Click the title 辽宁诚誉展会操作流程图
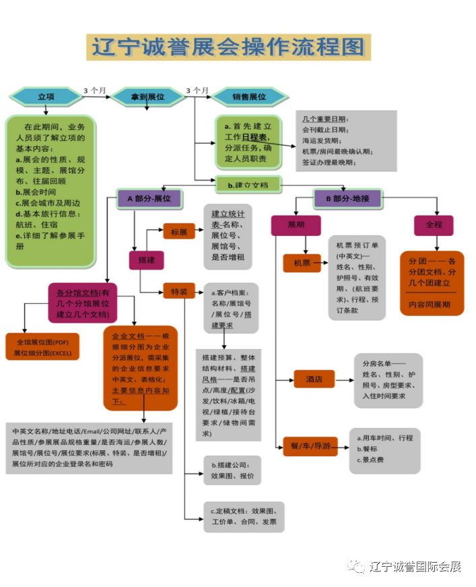tap(229, 47)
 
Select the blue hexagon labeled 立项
tap(46, 97)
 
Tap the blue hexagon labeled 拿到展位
tap(147, 97)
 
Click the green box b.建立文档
tap(247, 183)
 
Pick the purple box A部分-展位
tap(149, 198)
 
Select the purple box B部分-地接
tap(347, 198)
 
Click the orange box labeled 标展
tap(179, 230)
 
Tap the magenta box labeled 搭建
tap(146, 259)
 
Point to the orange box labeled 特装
tap(179, 291)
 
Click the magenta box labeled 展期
tap(296, 225)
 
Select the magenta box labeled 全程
tap(433, 225)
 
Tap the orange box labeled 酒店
tap(314, 379)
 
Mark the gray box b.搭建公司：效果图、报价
tap(232, 469)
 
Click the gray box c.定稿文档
tap(244, 516)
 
